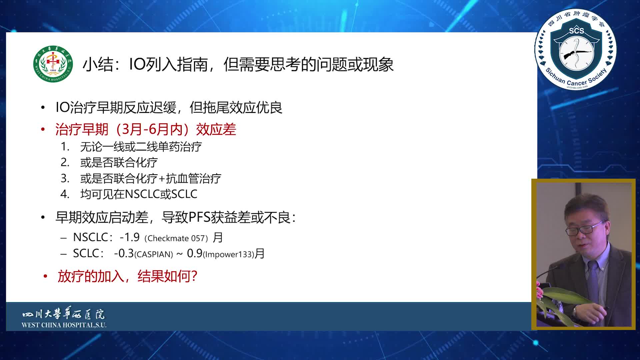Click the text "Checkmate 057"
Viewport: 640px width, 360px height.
coord(176,238)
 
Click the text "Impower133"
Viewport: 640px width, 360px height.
coord(229,254)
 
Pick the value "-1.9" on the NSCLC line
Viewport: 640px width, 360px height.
coord(129,237)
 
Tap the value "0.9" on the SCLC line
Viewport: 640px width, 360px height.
coord(195,253)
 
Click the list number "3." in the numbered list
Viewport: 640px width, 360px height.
coord(65,178)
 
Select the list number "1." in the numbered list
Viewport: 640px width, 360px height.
coord(65,147)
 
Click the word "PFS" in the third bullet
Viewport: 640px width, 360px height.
coord(199,217)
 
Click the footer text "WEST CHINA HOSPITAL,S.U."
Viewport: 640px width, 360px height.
coord(64,325)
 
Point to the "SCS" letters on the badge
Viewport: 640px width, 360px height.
coord(576,31)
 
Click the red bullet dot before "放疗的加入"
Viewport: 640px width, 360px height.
coord(45,276)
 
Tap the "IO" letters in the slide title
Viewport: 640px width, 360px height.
coord(137,64)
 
